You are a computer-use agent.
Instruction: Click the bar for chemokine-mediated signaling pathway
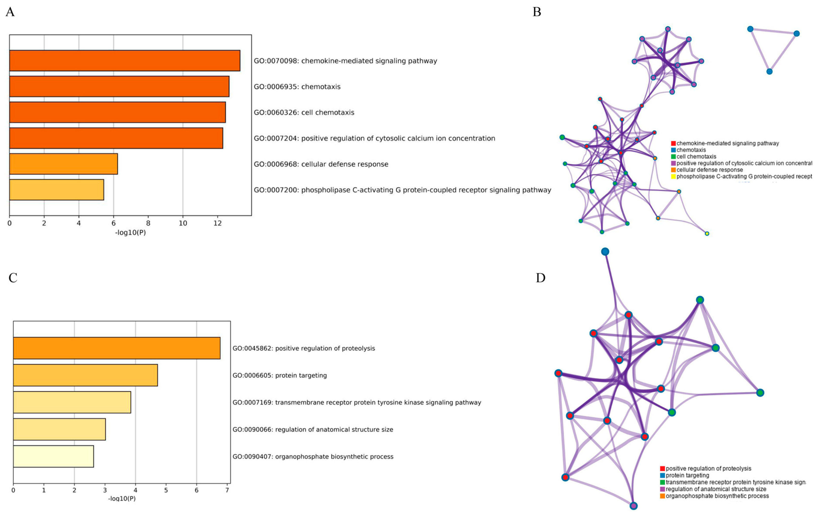coord(125,61)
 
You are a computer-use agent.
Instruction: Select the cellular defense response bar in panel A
coord(63,164)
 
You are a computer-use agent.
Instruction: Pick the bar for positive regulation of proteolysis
coord(116,348)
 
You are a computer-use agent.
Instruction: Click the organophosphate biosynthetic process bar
coord(53,456)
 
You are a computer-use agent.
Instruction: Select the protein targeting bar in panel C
coord(85,375)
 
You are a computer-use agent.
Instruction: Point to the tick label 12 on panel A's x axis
coord(217,223)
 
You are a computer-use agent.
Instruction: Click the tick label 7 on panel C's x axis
coord(227,490)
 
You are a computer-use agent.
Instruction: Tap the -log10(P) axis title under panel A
coord(130,233)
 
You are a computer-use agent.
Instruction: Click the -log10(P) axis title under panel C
coord(122,499)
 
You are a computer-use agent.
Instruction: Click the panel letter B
coord(536,12)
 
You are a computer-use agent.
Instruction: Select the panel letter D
coord(541,278)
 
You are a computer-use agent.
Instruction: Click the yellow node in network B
coord(707,233)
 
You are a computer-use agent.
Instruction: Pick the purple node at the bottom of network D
coord(633,506)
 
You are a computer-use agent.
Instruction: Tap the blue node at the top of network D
coord(605,252)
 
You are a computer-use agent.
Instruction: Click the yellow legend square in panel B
coord(673,176)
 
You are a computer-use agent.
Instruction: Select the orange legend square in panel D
coord(662,496)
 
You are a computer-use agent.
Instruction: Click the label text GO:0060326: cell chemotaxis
coord(304,113)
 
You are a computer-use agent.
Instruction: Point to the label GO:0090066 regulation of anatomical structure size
coord(312,430)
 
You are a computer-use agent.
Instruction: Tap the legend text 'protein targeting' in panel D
coord(687,475)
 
